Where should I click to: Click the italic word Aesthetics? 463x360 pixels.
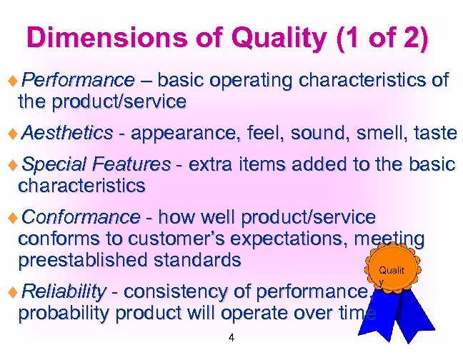point(67,132)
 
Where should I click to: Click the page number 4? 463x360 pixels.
point(231,338)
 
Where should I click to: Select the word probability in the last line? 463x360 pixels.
point(65,312)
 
